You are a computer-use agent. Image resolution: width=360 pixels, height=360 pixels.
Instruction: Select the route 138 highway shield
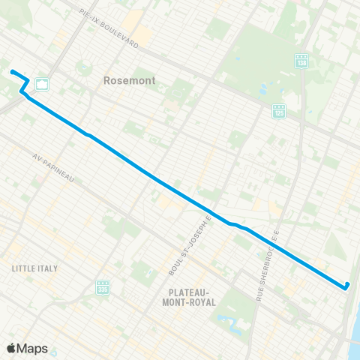301,59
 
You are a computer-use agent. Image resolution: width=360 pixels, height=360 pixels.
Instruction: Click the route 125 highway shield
279,110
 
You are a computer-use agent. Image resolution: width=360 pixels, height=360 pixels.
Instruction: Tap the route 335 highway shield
103,286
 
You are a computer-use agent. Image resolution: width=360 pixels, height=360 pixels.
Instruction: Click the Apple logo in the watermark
11,348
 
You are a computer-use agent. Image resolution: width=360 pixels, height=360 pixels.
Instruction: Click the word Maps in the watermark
33,348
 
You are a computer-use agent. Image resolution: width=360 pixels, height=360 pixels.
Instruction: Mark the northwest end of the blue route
12,71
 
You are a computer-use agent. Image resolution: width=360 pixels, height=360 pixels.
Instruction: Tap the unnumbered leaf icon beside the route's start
42,83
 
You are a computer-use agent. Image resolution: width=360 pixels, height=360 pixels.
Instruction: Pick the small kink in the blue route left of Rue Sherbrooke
234,224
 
